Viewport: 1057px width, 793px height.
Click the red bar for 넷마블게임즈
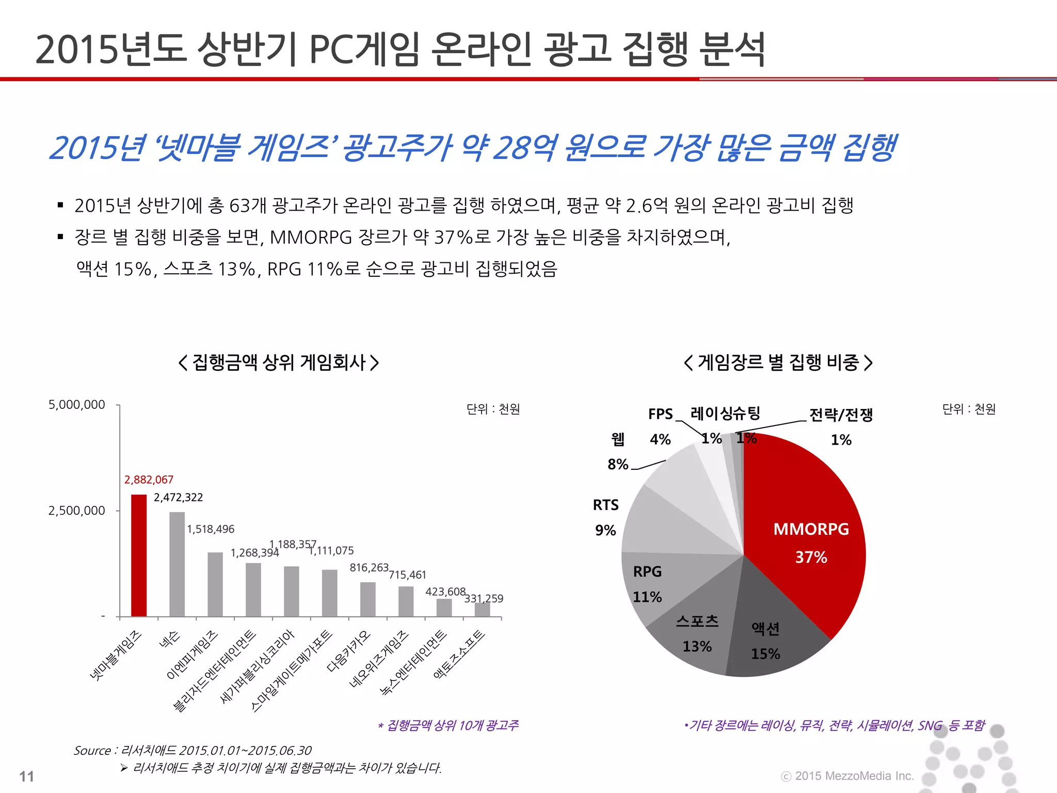tap(139, 556)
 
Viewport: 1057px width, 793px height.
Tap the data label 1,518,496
tap(210, 529)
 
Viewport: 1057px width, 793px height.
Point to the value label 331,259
tap(484, 598)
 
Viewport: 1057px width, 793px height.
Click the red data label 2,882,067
tap(149, 480)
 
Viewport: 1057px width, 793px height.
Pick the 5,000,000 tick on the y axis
tap(76, 405)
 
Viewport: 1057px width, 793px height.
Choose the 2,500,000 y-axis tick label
tap(76, 511)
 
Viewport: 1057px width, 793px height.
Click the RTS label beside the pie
tap(605, 505)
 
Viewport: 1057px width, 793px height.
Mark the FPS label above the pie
tap(660, 414)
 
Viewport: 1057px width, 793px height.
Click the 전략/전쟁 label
tap(841, 415)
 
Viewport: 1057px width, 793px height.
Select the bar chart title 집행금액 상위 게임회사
tap(279, 362)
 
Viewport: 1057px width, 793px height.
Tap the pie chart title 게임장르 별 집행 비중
tap(778, 362)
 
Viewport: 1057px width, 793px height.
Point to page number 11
tap(26, 776)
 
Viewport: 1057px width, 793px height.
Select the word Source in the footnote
tap(92, 750)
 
